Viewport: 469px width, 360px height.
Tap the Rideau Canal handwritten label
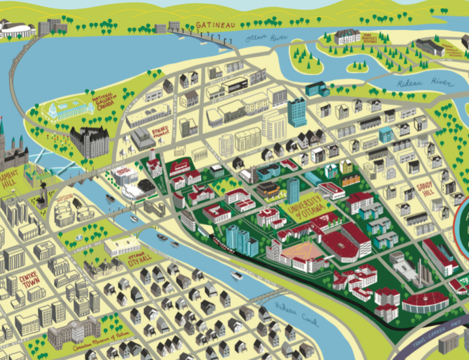point(289,310)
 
